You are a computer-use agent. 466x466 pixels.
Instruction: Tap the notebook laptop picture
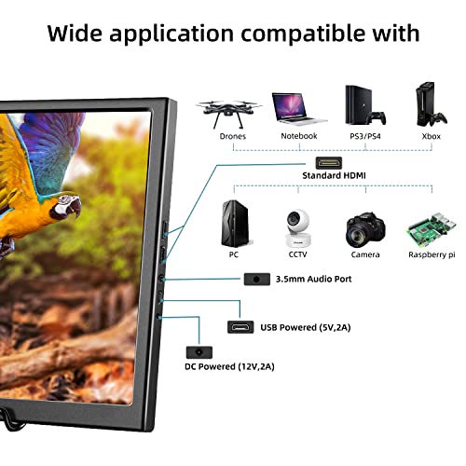[299, 109]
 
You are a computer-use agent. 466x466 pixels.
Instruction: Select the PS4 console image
[365, 105]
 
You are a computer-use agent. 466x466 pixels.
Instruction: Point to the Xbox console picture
[432, 104]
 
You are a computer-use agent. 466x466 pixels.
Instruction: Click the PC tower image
[236, 224]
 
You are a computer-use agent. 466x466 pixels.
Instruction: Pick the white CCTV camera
[298, 227]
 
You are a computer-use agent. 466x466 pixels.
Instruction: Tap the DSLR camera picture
[365, 230]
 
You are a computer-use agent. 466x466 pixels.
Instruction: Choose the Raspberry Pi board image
[432, 229]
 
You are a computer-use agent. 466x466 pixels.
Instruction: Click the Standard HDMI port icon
[329, 163]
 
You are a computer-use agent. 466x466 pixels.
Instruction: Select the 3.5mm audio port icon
[256, 279]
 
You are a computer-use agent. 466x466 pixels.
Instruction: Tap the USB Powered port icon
[240, 327]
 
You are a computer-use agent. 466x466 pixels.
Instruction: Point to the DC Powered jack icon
[199, 352]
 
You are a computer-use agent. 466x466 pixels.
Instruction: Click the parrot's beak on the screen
[75, 207]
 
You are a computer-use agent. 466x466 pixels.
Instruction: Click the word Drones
[233, 136]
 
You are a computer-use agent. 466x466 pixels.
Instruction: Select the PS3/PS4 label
[365, 136]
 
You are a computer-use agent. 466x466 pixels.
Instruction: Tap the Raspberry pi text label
[432, 254]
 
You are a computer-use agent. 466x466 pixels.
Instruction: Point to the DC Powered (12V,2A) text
[229, 366]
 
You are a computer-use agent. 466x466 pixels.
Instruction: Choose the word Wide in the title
[75, 33]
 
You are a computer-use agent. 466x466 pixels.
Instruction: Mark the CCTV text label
[297, 254]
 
